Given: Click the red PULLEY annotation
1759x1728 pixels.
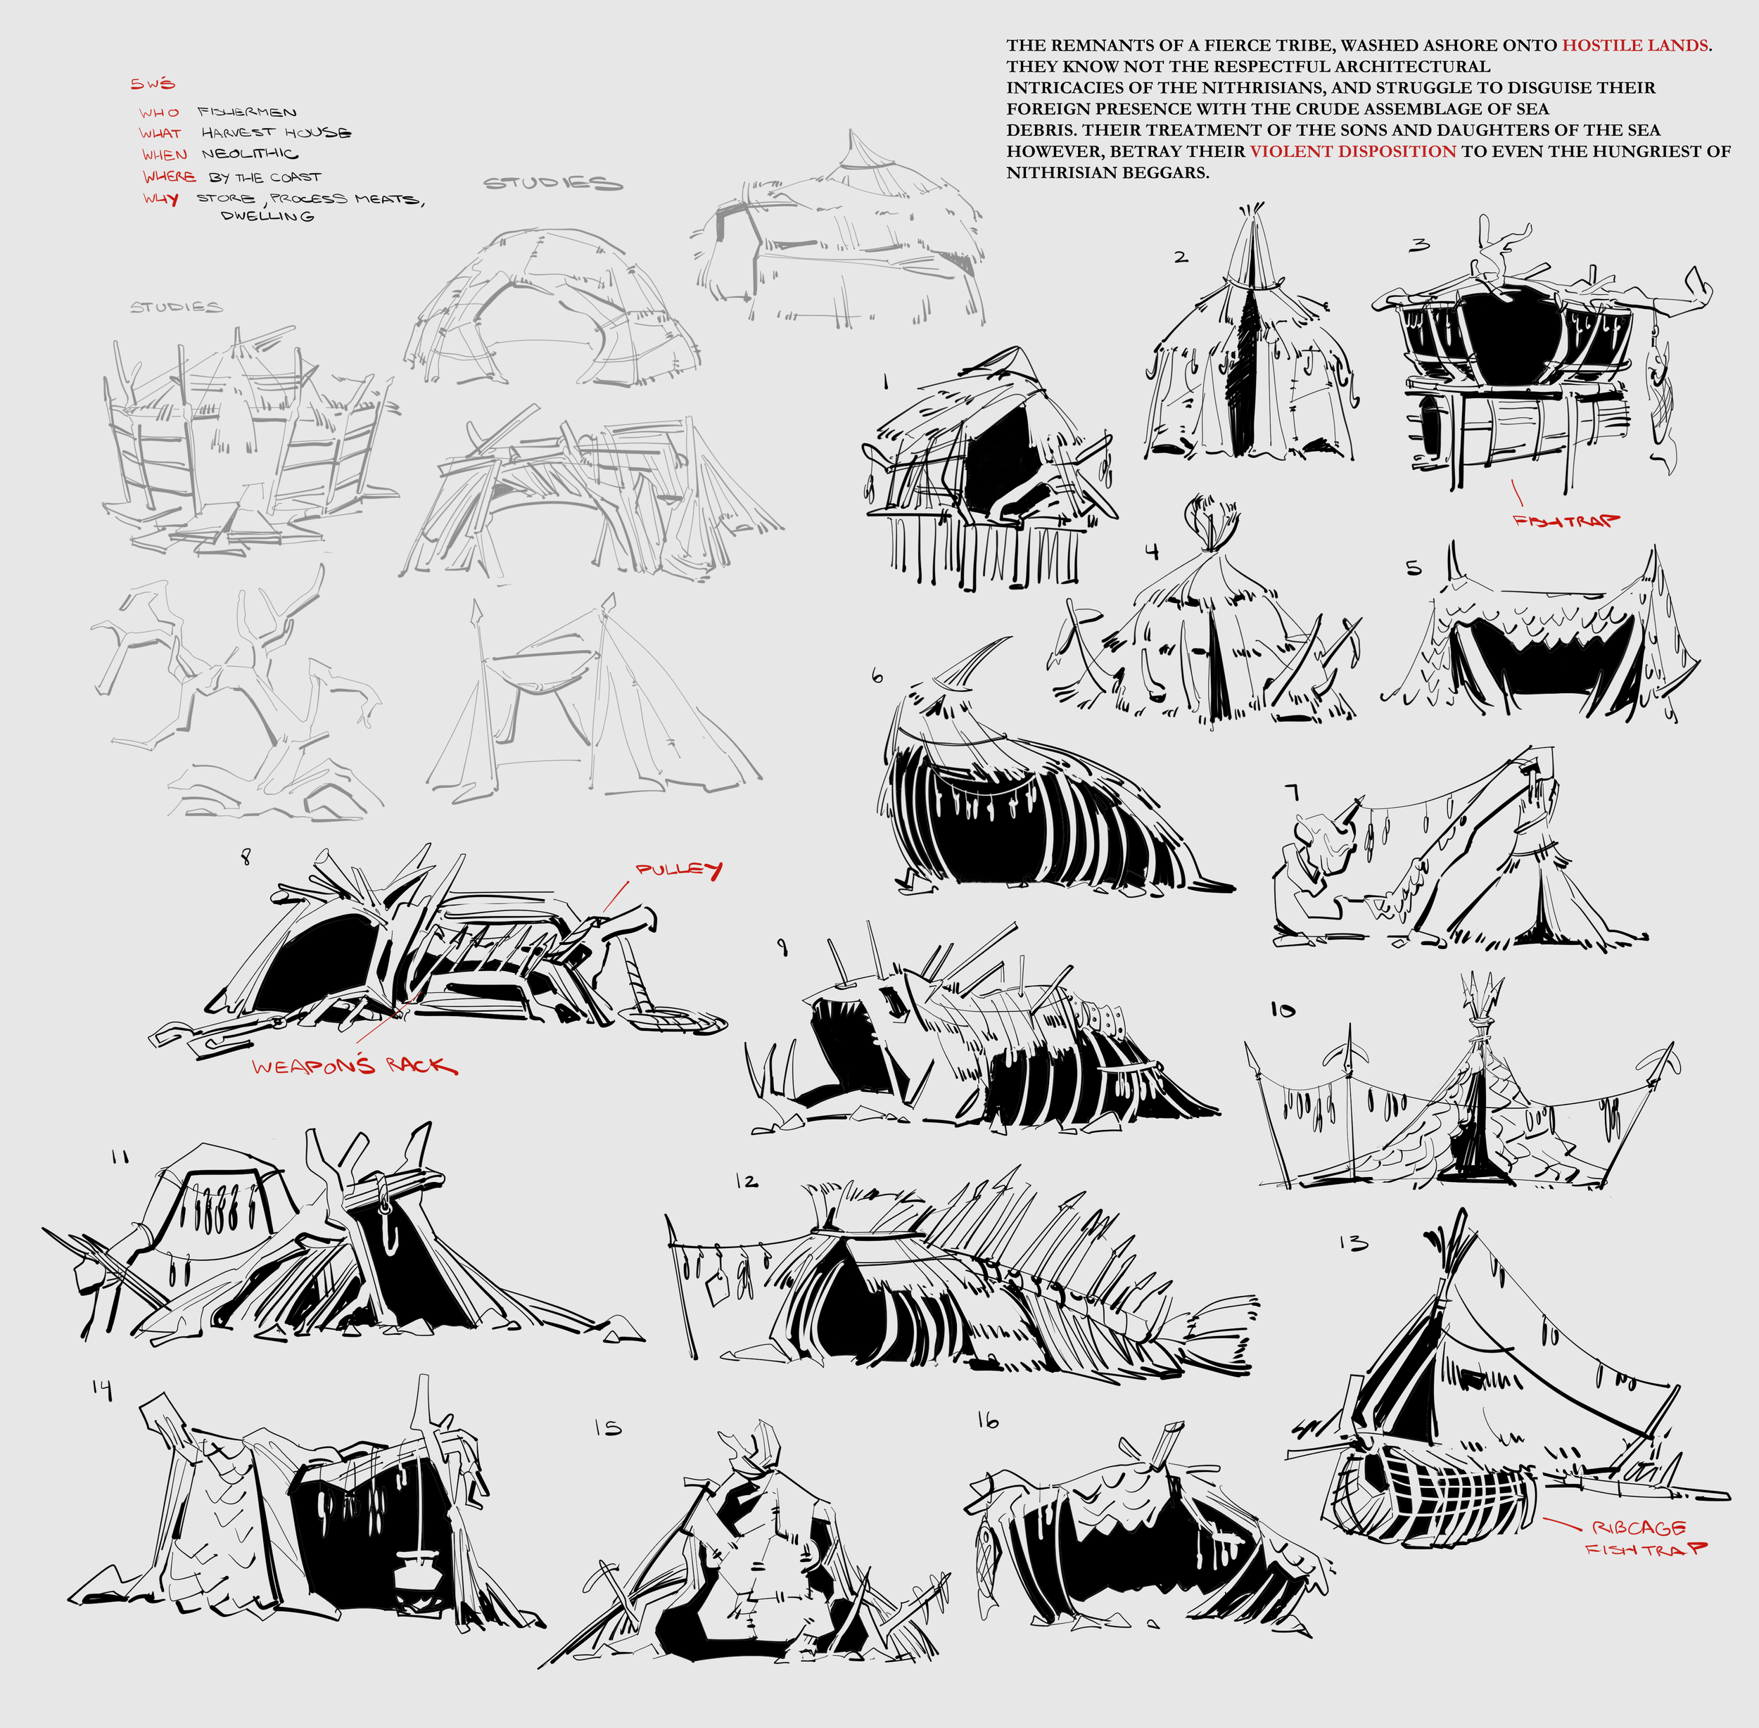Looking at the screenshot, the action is click(679, 870).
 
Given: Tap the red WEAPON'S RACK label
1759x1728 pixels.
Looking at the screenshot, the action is click(355, 1065).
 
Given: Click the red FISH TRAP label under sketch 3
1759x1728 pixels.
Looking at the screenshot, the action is click(1566, 521).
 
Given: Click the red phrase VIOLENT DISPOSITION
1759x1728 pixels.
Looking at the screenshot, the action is click(1352, 151).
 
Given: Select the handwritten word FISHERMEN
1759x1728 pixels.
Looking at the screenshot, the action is click(247, 112).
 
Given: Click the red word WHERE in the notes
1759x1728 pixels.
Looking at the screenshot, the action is click(169, 176).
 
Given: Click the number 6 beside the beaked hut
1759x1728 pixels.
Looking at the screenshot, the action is click(876, 676).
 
